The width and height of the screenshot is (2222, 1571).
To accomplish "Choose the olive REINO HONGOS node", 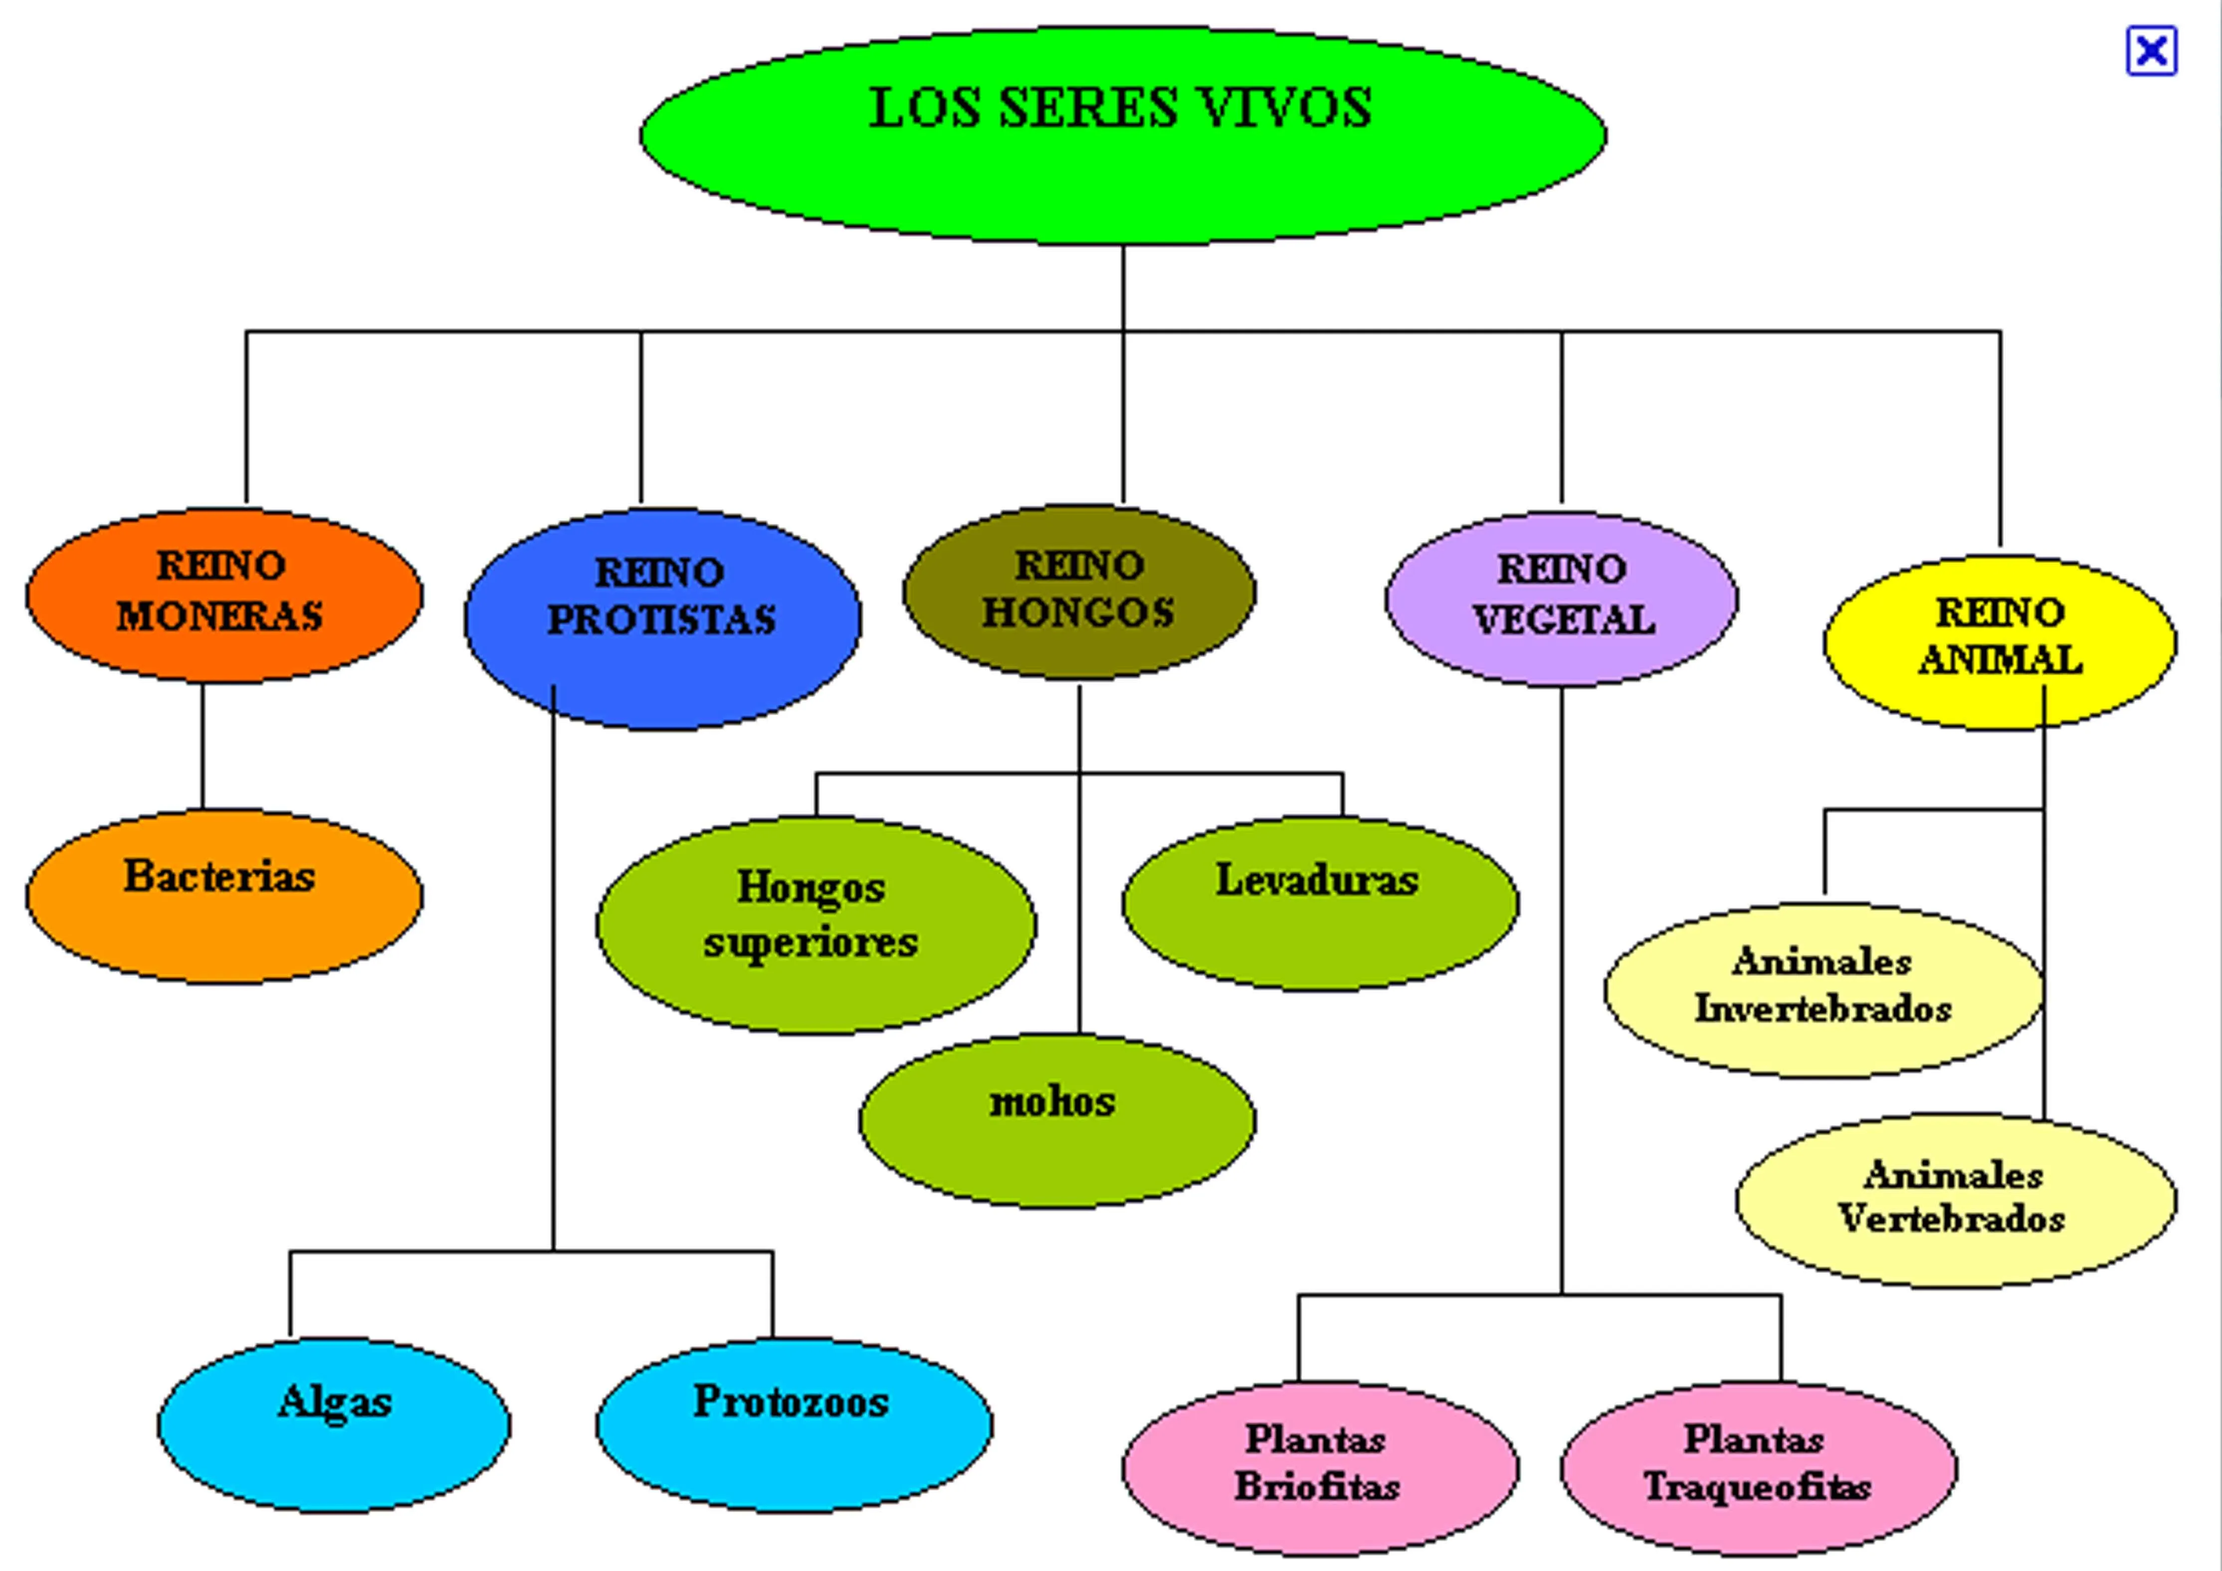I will tap(1078, 590).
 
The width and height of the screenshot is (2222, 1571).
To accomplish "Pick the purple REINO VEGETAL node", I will tap(1561, 597).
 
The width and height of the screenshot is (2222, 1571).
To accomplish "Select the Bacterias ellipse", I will tap(223, 895).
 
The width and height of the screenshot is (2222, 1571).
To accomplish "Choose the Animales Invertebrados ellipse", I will tap(1823, 989).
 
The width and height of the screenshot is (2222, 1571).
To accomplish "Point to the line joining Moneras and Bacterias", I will tap(202, 745).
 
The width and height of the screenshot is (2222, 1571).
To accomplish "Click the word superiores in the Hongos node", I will tap(811, 942).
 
